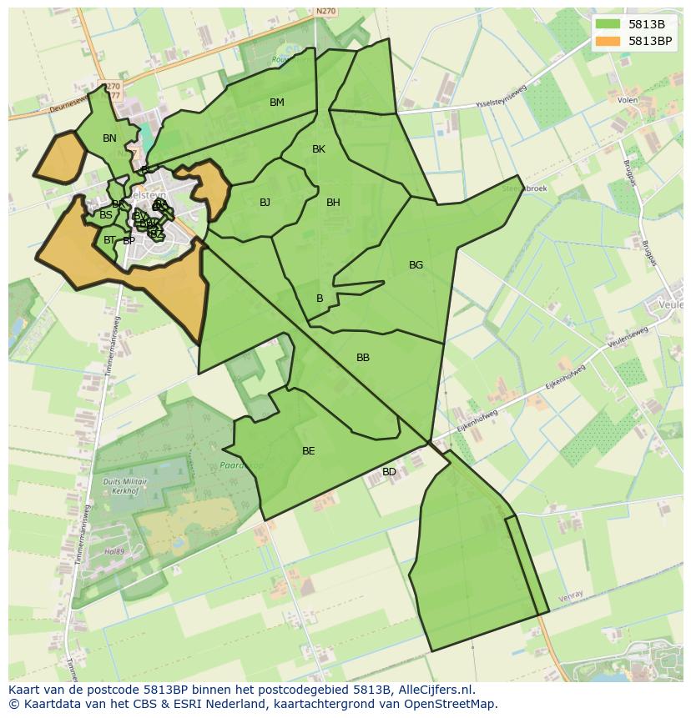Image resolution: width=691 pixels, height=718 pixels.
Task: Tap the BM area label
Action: [277, 103]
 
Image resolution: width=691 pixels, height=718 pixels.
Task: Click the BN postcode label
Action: [109, 138]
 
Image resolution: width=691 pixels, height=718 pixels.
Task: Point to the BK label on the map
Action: [319, 149]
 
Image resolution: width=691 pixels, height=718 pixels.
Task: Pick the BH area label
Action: [333, 203]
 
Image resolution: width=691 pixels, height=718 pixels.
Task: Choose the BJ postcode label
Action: [265, 203]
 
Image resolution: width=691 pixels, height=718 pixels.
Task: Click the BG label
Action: [416, 265]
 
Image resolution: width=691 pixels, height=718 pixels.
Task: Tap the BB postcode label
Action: [363, 358]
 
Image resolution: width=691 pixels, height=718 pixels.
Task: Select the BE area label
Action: [309, 451]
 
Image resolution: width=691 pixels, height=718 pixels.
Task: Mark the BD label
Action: [389, 472]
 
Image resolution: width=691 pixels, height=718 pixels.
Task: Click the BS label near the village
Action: [106, 215]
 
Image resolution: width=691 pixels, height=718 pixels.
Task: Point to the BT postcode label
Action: [109, 240]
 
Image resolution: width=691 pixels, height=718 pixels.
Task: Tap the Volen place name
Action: [628, 100]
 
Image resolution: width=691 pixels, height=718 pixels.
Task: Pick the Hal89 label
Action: [114, 552]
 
